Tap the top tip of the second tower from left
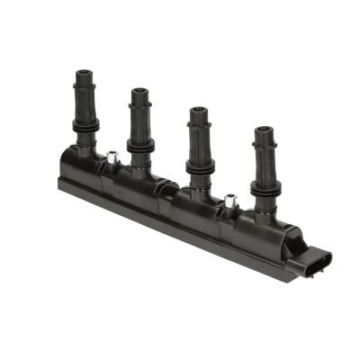click(139, 90)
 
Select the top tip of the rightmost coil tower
click(264, 130)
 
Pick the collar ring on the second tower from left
click(140, 144)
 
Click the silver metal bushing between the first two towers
click(112, 157)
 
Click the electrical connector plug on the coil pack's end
click(317, 260)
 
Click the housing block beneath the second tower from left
click(135, 184)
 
